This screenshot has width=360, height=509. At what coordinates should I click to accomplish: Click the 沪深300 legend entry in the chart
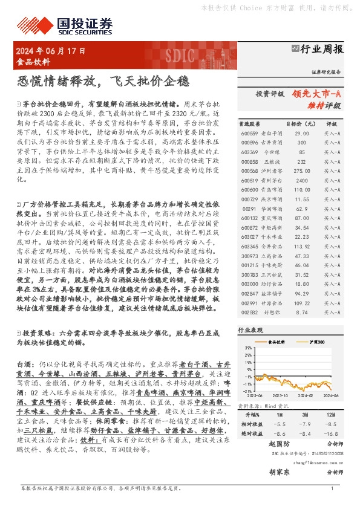317,343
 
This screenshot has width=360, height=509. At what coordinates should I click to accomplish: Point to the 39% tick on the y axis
249,349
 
